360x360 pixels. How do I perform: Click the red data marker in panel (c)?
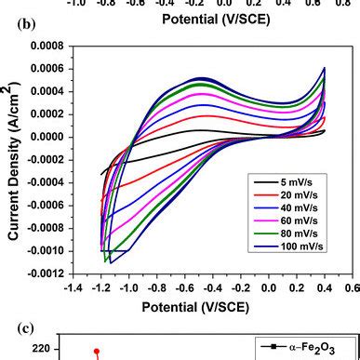pos(96,351)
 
